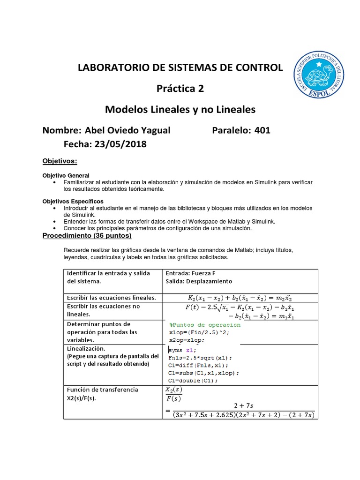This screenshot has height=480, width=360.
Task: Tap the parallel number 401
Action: click(x=262, y=130)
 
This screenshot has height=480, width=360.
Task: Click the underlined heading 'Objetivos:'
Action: click(x=60, y=161)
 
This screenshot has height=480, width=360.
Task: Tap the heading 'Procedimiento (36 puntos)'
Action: click(x=87, y=235)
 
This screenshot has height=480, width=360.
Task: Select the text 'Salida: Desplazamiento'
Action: click(x=199, y=281)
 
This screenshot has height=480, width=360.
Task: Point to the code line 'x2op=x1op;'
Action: click(x=187, y=339)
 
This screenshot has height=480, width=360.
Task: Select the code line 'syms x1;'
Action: click(x=180, y=350)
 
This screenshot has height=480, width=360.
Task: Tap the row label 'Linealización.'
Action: click(x=87, y=349)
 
